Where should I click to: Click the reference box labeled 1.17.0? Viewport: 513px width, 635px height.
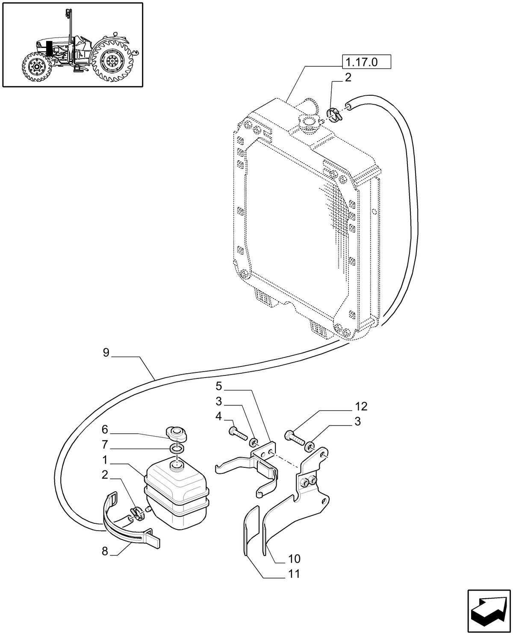[x=366, y=62]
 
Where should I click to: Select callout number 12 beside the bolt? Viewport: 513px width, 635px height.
[x=361, y=406]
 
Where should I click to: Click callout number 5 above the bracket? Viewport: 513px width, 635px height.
[x=219, y=387]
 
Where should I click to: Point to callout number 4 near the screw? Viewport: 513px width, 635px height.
[x=219, y=416]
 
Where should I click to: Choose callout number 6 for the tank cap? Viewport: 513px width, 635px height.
[x=105, y=429]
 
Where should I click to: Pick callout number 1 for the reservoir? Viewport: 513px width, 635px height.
[x=105, y=460]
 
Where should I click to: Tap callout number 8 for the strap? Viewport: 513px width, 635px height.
[x=105, y=551]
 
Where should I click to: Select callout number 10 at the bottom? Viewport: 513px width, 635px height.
[x=295, y=558]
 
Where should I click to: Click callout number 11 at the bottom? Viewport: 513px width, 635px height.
[x=294, y=574]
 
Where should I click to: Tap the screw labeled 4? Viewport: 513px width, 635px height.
[x=238, y=433]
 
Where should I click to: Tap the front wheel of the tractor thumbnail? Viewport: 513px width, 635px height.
[x=36, y=67]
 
